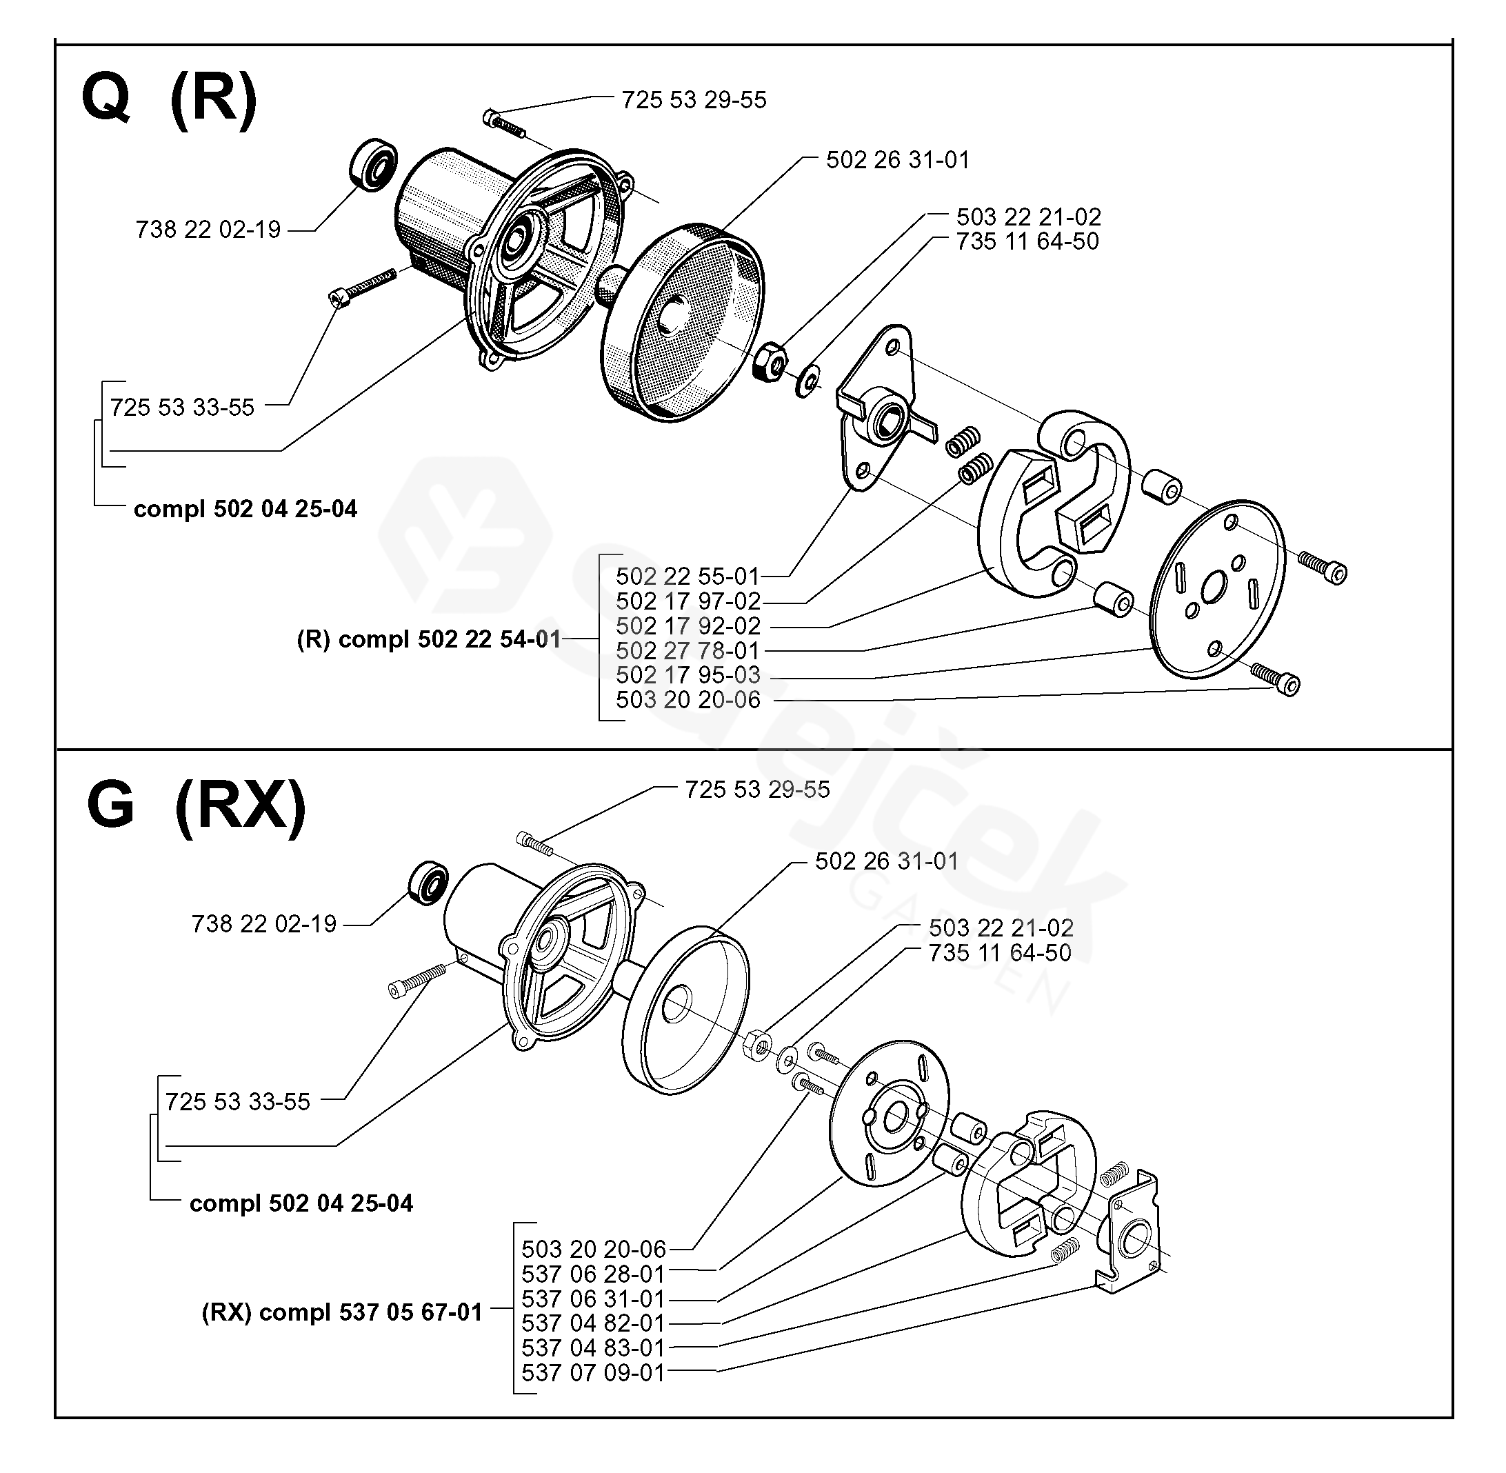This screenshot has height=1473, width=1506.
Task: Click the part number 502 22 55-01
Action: pyautogui.click(x=687, y=577)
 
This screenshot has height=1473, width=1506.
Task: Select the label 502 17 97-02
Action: pyautogui.click(x=688, y=601)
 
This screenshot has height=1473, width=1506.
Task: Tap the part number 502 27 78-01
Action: pyautogui.click(x=687, y=650)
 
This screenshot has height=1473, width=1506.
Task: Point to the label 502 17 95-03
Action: pyautogui.click(x=688, y=675)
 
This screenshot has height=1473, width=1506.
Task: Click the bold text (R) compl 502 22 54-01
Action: pyautogui.click(x=428, y=640)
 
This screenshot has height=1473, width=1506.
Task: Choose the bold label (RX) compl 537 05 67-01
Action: pyautogui.click(x=342, y=1312)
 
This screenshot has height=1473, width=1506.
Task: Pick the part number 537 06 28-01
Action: pyautogui.click(x=593, y=1274)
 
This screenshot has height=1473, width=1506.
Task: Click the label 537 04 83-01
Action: pyautogui.click(x=593, y=1347)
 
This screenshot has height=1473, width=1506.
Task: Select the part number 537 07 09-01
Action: pyautogui.click(x=593, y=1372)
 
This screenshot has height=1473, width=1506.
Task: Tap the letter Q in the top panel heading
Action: pyautogui.click(x=106, y=98)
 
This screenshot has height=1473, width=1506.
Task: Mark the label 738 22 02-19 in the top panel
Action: pyautogui.click(x=208, y=230)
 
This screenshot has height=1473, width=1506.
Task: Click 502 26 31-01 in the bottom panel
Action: pyautogui.click(x=886, y=861)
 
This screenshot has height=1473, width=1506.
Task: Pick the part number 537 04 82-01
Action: pyautogui.click(x=593, y=1323)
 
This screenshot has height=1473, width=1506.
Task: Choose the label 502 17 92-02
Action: pyautogui.click(x=688, y=626)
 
